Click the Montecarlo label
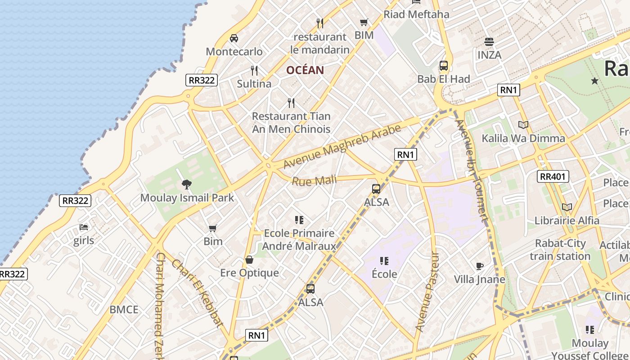[234, 51]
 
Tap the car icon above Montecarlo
[234, 38]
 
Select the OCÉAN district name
[305, 70]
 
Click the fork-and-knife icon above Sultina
[254, 70]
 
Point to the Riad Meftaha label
[416, 14]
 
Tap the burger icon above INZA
[489, 42]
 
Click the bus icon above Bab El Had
[444, 66]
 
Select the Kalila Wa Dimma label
[523, 138]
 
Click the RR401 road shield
[553, 176]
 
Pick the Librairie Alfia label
[567, 220]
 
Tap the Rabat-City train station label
[560, 250]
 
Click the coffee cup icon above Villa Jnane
[480, 266]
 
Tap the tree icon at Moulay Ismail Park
[187, 184]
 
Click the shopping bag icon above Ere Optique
[249, 260]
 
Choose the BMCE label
[124, 310]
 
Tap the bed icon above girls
[84, 227]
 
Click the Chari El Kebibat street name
[198, 293]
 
